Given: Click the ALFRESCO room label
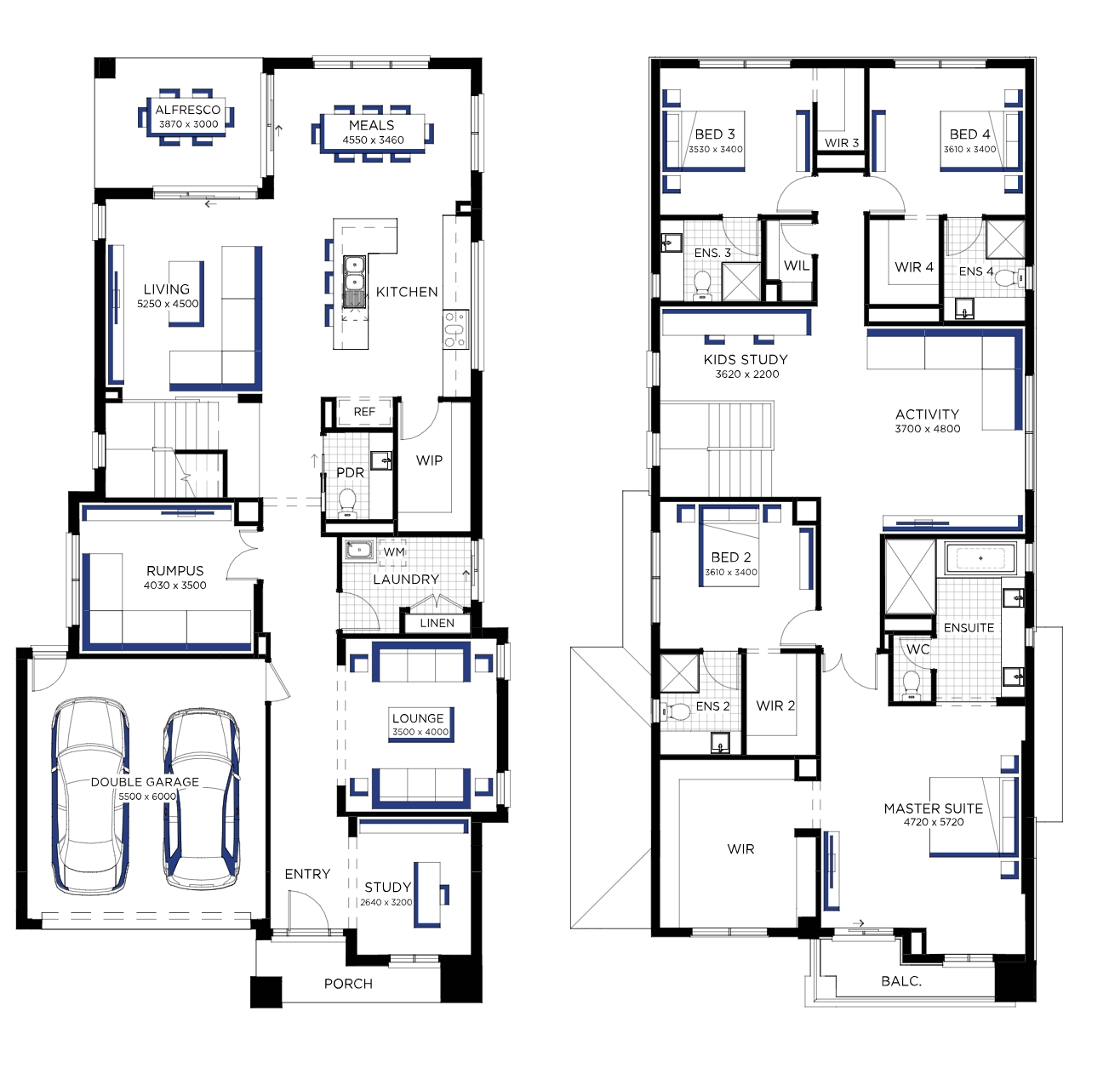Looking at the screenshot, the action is click(x=187, y=110).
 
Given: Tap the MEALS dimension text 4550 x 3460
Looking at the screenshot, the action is click(x=373, y=140).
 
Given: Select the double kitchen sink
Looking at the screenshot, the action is click(x=354, y=282).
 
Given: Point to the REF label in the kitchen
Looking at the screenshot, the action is click(x=364, y=412).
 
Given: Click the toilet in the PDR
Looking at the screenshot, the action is click(x=346, y=503).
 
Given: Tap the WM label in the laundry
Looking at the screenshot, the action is click(x=394, y=552).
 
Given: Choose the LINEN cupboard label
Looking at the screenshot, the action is click(x=437, y=624).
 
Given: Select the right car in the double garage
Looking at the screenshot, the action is click(x=202, y=798).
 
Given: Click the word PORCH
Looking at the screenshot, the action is click(x=348, y=984).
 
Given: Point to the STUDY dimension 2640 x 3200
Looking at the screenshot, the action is click(x=386, y=903).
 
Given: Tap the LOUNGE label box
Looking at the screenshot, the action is click(x=420, y=725).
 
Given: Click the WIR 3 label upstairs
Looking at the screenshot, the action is click(x=842, y=143).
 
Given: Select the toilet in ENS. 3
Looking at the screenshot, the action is click(x=702, y=285).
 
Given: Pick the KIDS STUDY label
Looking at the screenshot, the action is click(x=746, y=360).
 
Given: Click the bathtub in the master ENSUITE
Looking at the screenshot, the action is click(x=980, y=558).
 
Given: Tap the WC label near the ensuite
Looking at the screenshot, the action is click(x=917, y=649).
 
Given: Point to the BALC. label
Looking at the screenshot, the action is click(x=901, y=981).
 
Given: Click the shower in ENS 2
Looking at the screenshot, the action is click(x=679, y=674).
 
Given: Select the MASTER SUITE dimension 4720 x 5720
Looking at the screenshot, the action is click(x=934, y=822).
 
